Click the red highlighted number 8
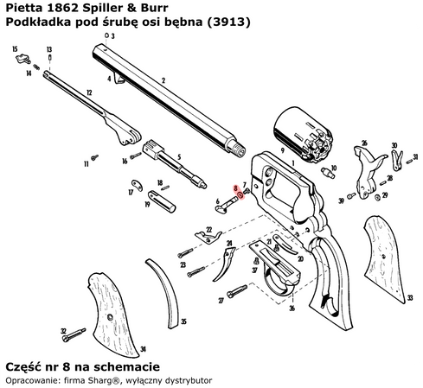[x=235, y=188]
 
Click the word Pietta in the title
[x=25, y=9]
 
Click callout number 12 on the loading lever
[x=89, y=91]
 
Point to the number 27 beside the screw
[x=221, y=300]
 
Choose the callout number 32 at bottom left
[x=63, y=330]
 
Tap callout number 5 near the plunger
[x=178, y=157]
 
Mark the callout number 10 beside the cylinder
[x=334, y=157]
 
